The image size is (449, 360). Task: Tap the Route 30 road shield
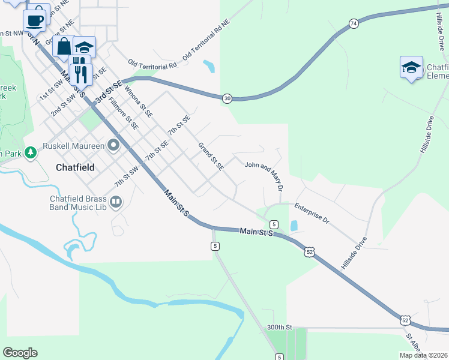point(226,98)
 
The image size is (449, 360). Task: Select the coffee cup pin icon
point(35,19)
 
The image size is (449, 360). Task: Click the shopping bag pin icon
point(64,46)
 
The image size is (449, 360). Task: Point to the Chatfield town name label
point(75,167)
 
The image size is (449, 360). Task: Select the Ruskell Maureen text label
point(73,145)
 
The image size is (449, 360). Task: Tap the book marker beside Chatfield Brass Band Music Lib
point(116,203)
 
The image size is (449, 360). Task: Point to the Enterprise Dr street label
point(312,213)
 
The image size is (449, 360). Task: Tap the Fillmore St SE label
point(124,114)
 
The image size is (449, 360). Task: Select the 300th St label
point(279,328)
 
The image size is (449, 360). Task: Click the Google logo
point(20,353)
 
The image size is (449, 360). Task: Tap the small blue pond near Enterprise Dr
point(294,226)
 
